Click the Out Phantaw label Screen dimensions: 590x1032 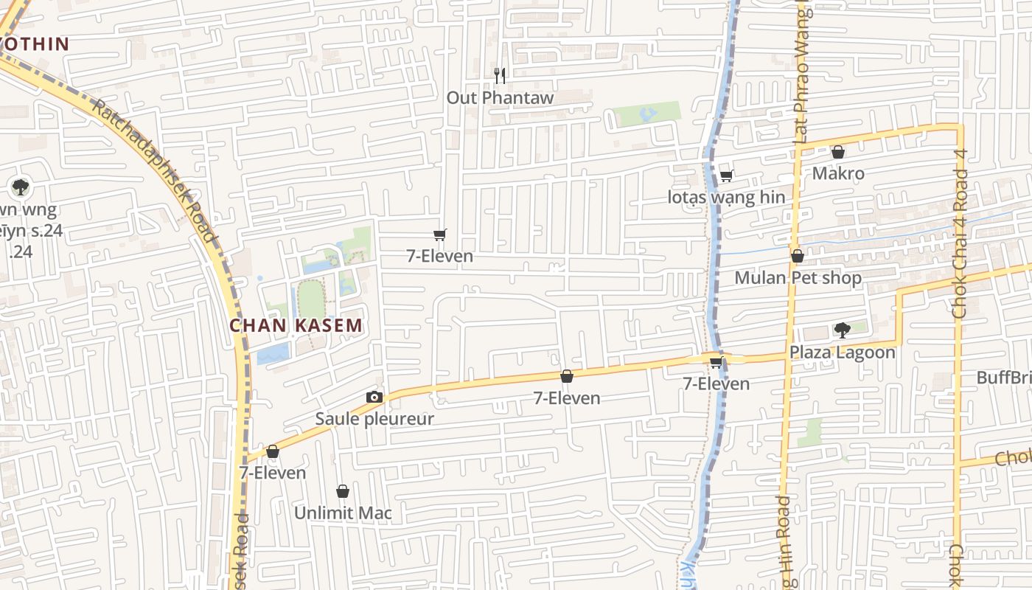coord(500,97)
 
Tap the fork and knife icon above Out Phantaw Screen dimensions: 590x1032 coord(500,74)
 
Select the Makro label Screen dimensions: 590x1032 coord(838,173)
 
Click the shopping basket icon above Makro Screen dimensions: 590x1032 coord(838,153)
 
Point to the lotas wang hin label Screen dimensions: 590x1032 coord(726,197)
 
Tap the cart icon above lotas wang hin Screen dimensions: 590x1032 coord(726,176)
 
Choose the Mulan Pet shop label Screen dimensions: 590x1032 coord(798,278)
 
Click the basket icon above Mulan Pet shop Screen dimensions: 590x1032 coord(797,257)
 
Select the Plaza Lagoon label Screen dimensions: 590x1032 coord(843,352)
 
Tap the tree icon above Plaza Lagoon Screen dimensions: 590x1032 coord(842,330)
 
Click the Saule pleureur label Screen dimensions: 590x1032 coord(374,419)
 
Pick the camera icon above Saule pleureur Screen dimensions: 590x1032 coord(374,398)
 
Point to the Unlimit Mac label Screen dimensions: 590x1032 coord(343,513)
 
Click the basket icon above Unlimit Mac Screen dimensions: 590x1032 coord(343,491)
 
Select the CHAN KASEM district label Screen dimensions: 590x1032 coord(296,325)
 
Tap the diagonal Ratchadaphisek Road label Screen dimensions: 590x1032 coord(154,170)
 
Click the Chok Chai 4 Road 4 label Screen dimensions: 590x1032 coord(960,234)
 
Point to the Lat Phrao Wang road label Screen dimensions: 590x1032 coord(802,74)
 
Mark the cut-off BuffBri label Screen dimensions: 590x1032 coord(1003,378)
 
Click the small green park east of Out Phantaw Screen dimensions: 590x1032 coord(647,114)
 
